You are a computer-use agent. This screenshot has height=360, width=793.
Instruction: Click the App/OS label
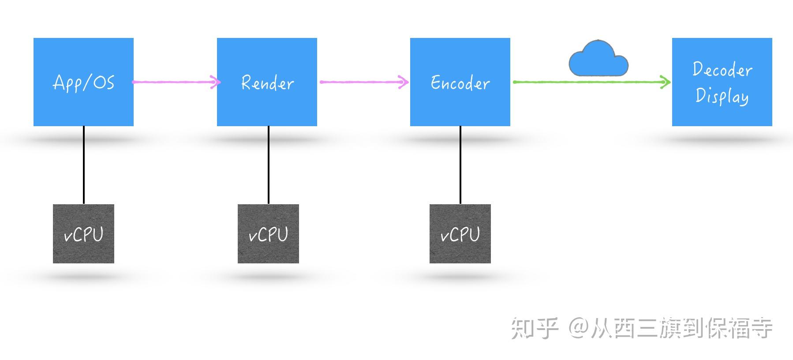pos(83,82)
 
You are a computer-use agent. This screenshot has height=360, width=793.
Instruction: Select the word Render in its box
pos(267,83)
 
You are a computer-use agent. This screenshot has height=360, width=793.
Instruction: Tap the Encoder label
pos(460,83)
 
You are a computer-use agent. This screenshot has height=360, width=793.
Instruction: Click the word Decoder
pos(722,70)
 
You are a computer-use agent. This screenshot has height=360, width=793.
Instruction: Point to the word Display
pos(722,96)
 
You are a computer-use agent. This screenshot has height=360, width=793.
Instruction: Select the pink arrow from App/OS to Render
pos(174,82)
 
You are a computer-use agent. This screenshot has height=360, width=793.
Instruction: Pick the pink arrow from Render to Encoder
pos(362,82)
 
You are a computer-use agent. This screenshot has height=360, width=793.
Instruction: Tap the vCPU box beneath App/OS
pos(83,234)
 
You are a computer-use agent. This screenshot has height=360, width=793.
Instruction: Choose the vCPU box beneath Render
pos(268,234)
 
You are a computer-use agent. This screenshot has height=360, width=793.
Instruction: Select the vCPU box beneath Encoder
pos(460,234)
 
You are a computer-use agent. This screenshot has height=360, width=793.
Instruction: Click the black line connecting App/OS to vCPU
pos(84,165)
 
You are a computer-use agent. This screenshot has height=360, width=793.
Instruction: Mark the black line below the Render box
pos(268,165)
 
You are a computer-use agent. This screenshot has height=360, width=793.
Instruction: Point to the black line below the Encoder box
pos(460,165)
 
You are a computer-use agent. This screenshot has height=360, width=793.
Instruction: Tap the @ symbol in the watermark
pos(578,328)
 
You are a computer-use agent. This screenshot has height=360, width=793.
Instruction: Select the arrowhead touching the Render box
pos(215,82)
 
